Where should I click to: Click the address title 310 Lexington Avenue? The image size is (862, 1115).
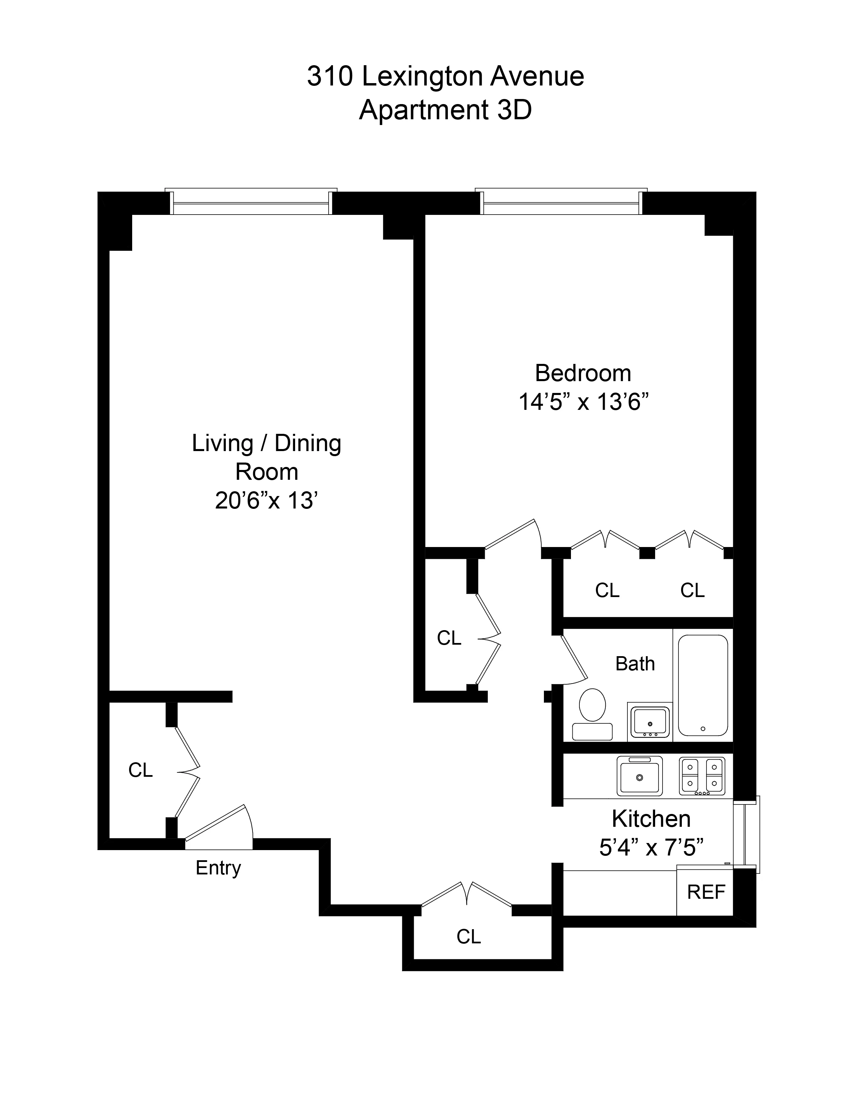[x=445, y=77]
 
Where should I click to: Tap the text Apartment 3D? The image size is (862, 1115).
[x=445, y=110]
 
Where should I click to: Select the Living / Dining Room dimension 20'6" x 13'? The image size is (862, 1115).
[x=267, y=501]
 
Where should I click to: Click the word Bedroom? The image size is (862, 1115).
[x=583, y=373]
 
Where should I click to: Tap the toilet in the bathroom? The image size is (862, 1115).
[x=592, y=713]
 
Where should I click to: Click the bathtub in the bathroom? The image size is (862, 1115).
[x=703, y=685]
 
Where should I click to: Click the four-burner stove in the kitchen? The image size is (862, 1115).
[x=702, y=775]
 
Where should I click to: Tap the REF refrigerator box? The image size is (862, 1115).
[x=706, y=892]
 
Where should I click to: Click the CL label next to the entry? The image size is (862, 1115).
[x=140, y=770]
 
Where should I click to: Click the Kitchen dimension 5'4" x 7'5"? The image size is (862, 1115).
[x=651, y=848]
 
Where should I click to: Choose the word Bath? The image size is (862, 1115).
[x=635, y=664]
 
